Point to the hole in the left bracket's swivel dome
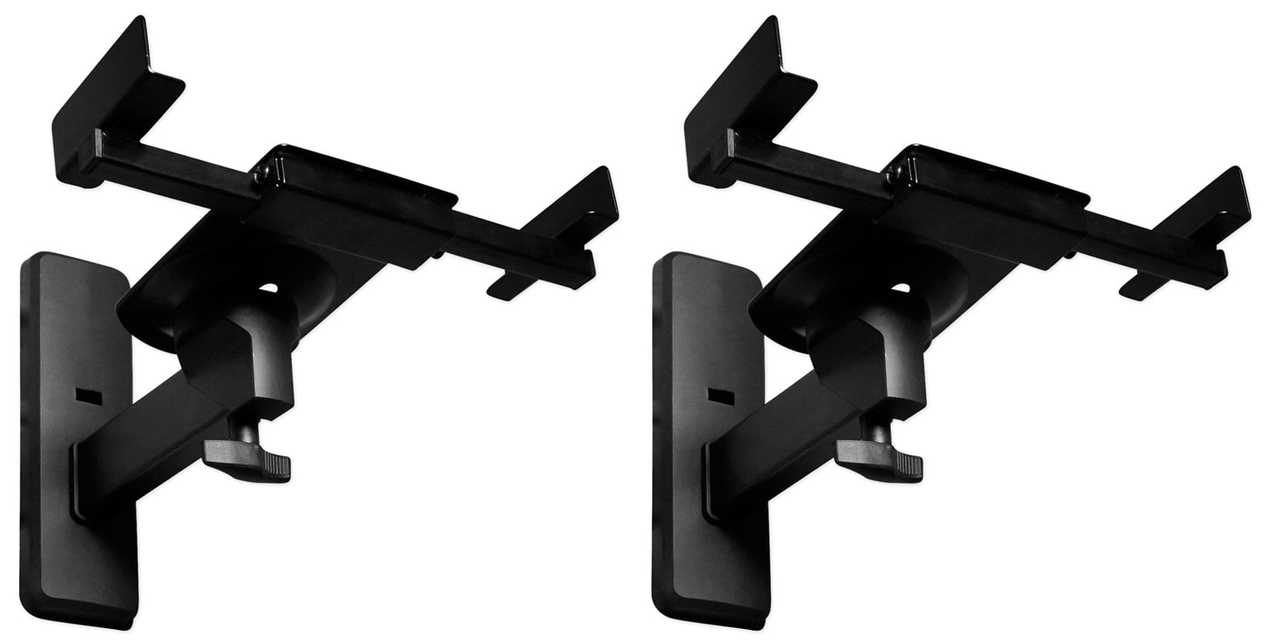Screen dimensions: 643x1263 [268, 290]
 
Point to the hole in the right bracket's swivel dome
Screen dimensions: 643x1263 [900, 290]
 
